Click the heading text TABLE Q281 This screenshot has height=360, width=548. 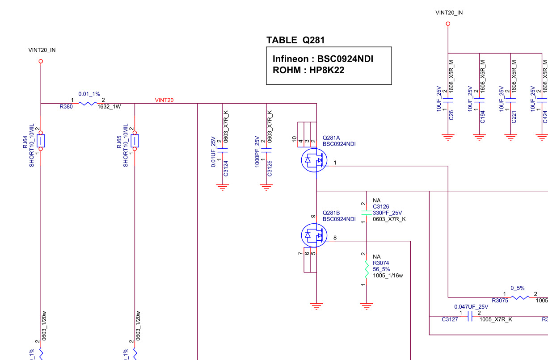tap(295, 40)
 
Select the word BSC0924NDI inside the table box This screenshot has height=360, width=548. tap(345, 59)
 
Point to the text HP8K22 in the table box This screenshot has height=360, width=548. tap(327, 70)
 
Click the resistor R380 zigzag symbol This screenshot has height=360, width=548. tap(88, 104)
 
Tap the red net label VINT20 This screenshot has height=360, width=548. tap(164, 100)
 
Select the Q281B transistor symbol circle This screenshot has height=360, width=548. tap(314, 235)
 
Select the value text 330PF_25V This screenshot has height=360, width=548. tap(388, 213)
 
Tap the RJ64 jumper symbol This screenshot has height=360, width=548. tap(41, 141)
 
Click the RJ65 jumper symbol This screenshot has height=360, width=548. tap(135, 141)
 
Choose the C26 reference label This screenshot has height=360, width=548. tap(451, 115)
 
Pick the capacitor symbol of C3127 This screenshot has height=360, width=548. tap(470, 316)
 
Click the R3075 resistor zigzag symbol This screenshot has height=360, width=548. tap(520, 297)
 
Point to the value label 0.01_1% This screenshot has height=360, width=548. tap(89, 94)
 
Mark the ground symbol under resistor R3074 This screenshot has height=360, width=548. tap(367, 306)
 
